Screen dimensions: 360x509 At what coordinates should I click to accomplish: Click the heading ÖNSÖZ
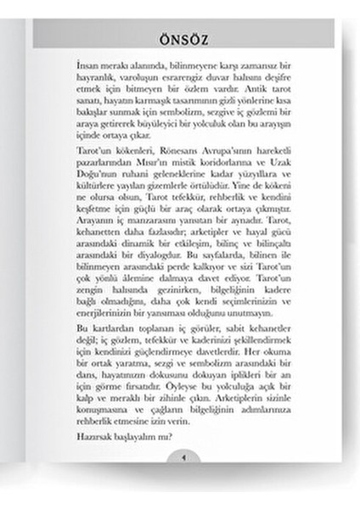pyautogui.click(x=180, y=40)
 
